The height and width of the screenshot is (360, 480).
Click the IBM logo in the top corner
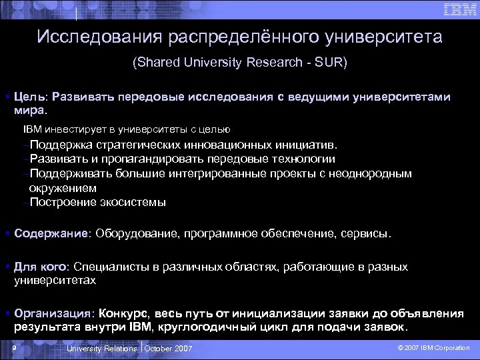[x=459, y=9]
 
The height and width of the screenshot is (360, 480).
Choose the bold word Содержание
[x=52, y=234]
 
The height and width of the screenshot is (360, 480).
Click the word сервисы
[x=366, y=234]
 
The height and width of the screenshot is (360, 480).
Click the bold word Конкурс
[x=126, y=313]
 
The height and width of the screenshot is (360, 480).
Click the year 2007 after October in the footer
[x=181, y=349]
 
